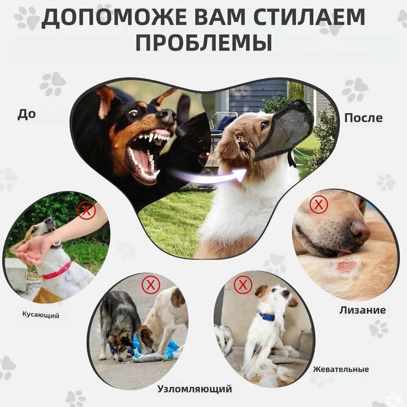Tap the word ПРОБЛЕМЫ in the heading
tap(204, 42)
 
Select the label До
tap(26, 114)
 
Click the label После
tap(363, 118)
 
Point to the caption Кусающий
tap(41, 315)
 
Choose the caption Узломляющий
tap(195, 389)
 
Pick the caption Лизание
tap(362, 310)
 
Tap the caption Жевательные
tap(341, 369)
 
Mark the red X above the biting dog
tap(87, 210)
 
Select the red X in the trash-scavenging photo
tap(151, 285)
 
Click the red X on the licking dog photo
tap(319, 205)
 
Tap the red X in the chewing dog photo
tap(243, 284)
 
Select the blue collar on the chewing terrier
tap(267, 317)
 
